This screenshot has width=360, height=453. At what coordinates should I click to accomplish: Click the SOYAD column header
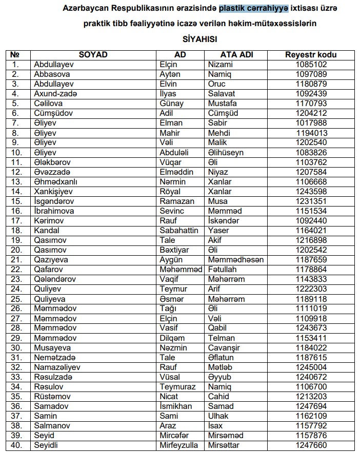pyautogui.click(x=92, y=55)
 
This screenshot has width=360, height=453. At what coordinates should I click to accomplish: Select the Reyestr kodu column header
pyautogui.click(x=311, y=55)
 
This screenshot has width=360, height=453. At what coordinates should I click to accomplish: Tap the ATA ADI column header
pyautogui.click(x=236, y=55)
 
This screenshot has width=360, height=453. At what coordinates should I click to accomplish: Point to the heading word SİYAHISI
pyautogui.click(x=200, y=38)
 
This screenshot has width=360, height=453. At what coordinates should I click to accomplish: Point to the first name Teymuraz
pyautogui.click(x=177, y=386)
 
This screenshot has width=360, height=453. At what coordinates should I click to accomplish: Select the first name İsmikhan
pyautogui.click(x=176, y=406)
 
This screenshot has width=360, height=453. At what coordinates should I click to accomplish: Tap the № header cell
pyautogui.click(x=15, y=55)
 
